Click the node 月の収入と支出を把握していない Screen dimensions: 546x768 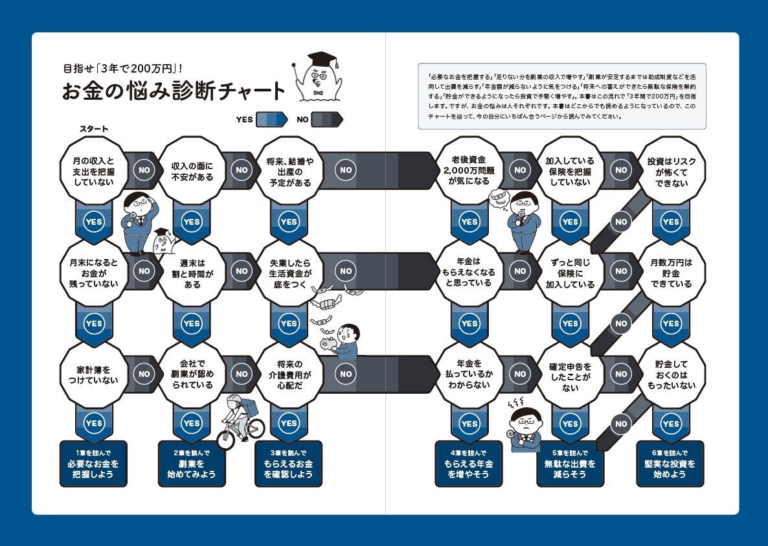coord(93,171)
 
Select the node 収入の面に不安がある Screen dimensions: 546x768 coord(192,171)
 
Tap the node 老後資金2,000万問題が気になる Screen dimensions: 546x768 coord(469,171)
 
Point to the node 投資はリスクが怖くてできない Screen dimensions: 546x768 coord(670,171)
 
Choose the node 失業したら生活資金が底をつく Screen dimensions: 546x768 coord(289,273)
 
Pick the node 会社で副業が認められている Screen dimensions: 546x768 coord(192,374)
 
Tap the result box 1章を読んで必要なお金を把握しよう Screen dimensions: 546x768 coord(93,464)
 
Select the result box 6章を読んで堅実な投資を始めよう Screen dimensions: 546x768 coord(670,464)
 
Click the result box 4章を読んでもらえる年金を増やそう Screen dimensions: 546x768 coord(469,464)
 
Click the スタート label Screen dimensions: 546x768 coord(93,129)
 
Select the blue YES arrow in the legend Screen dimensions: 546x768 coord(271,119)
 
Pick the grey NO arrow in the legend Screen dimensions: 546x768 coord(327,119)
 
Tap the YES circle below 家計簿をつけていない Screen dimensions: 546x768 coord(93,423)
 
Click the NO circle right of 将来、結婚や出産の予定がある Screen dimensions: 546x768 coord(346,170)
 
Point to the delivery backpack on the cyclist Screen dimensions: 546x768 coord(249,407)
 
